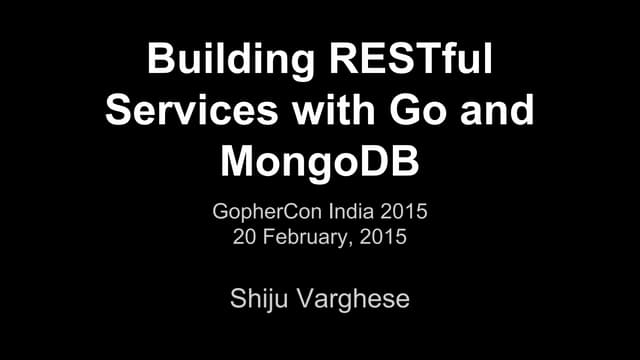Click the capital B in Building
pos(160,61)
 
